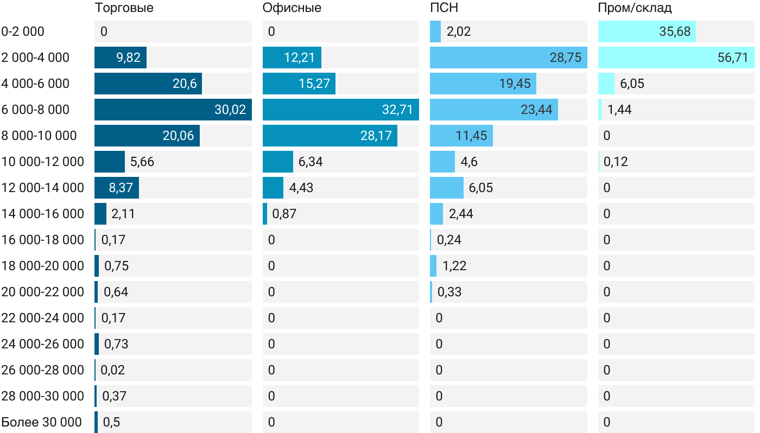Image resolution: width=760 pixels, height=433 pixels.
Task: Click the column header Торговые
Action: pyautogui.click(x=124, y=8)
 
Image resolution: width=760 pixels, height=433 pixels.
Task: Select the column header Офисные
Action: pyautogui.click(x=292, y=8)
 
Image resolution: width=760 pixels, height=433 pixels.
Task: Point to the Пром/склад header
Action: pyautogui.click(x=635, y=8)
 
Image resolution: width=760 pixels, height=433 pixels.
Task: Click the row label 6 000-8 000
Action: pyautogui.click(x=35, y=110)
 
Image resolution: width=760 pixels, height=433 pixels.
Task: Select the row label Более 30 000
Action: pyautogui.click(x=41, y=422)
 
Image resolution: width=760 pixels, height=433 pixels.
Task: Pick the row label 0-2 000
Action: pyautogui.click(x=23, y=31)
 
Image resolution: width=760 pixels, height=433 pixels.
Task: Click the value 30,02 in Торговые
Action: pyautogui.click(x=230, y=110)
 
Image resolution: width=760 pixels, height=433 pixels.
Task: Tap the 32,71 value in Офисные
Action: pyautogui.click(x=397, y=110)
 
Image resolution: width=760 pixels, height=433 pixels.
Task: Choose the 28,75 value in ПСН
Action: pyautogui.click(x=566, y=58)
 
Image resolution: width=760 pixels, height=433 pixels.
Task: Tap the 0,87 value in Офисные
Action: pyautogui.click(x=284, y=214)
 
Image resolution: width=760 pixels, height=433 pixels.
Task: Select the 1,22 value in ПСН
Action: pyautogui.click(x=454, y=266)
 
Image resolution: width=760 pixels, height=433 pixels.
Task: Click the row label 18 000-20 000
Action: pyautogui.click(x=43, y=266)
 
